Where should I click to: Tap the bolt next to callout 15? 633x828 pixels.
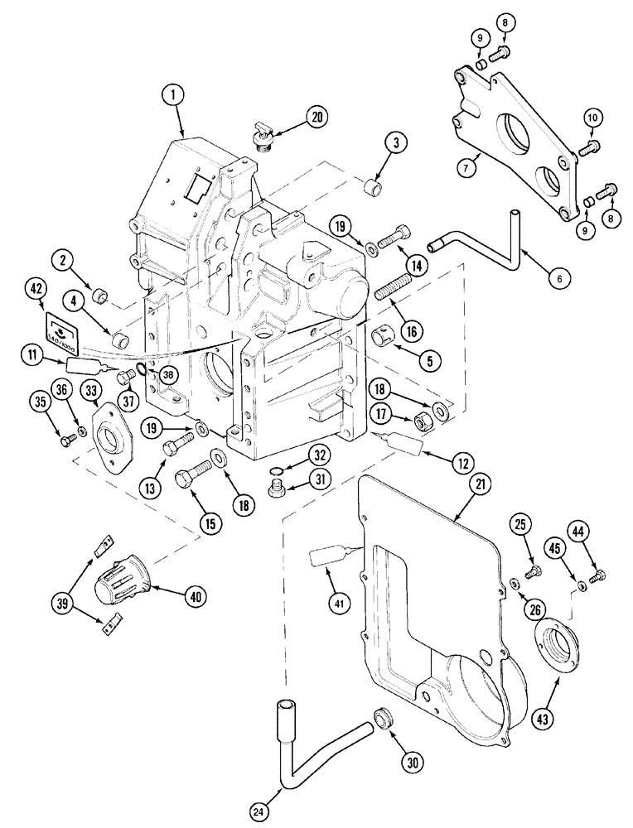[x=191, y=479]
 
